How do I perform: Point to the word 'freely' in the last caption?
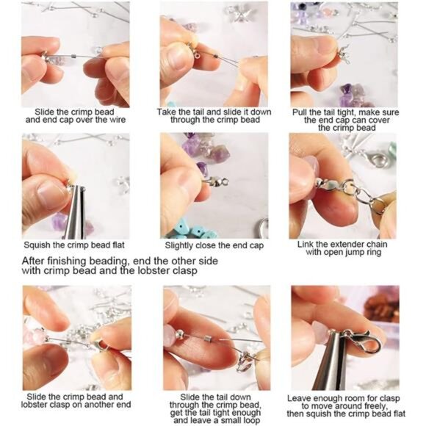374,407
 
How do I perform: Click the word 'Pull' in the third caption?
300,112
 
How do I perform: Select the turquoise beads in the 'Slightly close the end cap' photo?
192,231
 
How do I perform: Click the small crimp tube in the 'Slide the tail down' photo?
209,339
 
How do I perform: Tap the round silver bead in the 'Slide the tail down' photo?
179,332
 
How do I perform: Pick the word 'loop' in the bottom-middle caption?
250,420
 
